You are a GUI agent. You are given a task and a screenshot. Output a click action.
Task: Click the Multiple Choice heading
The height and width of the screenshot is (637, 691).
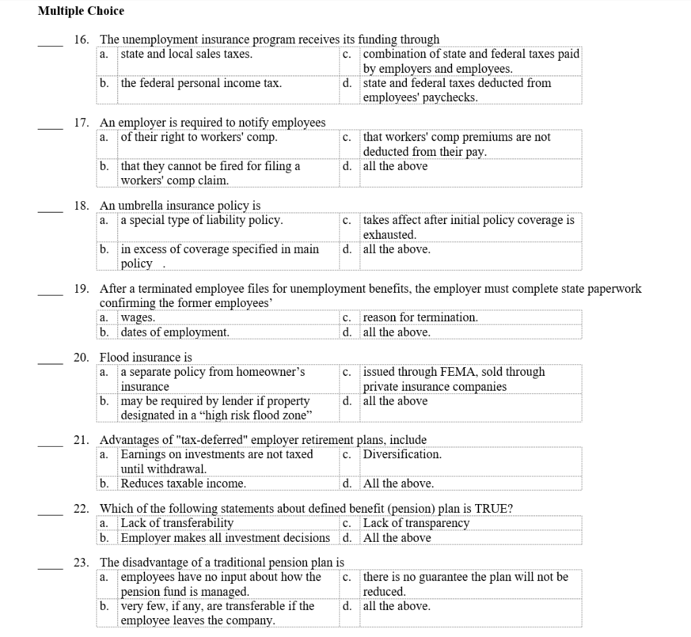coord(81,11)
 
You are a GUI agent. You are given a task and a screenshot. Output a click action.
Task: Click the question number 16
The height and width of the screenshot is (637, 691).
coord(81,40)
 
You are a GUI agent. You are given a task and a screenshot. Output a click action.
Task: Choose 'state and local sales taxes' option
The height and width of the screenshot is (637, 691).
coord(186,54)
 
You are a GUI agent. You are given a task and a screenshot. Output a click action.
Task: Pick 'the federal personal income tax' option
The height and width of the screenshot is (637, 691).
coord(201,84)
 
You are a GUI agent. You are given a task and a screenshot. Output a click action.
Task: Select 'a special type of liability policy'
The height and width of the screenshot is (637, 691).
coord(202,221)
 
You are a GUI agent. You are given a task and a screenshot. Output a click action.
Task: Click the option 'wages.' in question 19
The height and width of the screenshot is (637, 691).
coord(138,318)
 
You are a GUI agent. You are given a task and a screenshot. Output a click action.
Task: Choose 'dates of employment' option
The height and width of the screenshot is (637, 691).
coord(175,333)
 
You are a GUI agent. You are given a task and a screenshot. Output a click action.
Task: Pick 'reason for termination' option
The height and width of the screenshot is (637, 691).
coord(420,318)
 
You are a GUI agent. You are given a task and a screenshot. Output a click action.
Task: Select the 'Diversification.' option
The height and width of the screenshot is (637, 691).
coord(402,455)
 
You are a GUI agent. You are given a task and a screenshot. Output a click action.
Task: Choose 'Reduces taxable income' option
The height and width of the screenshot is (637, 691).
coord(183,484)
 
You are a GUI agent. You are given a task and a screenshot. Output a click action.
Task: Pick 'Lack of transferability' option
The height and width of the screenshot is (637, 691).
coord(177,524)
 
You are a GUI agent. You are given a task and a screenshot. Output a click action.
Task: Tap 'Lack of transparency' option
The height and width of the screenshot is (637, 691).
coord(416,524)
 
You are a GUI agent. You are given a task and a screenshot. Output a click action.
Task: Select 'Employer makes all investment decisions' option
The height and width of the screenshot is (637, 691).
coord(225,538)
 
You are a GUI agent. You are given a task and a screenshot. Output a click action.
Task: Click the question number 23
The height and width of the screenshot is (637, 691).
coord(81,563)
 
